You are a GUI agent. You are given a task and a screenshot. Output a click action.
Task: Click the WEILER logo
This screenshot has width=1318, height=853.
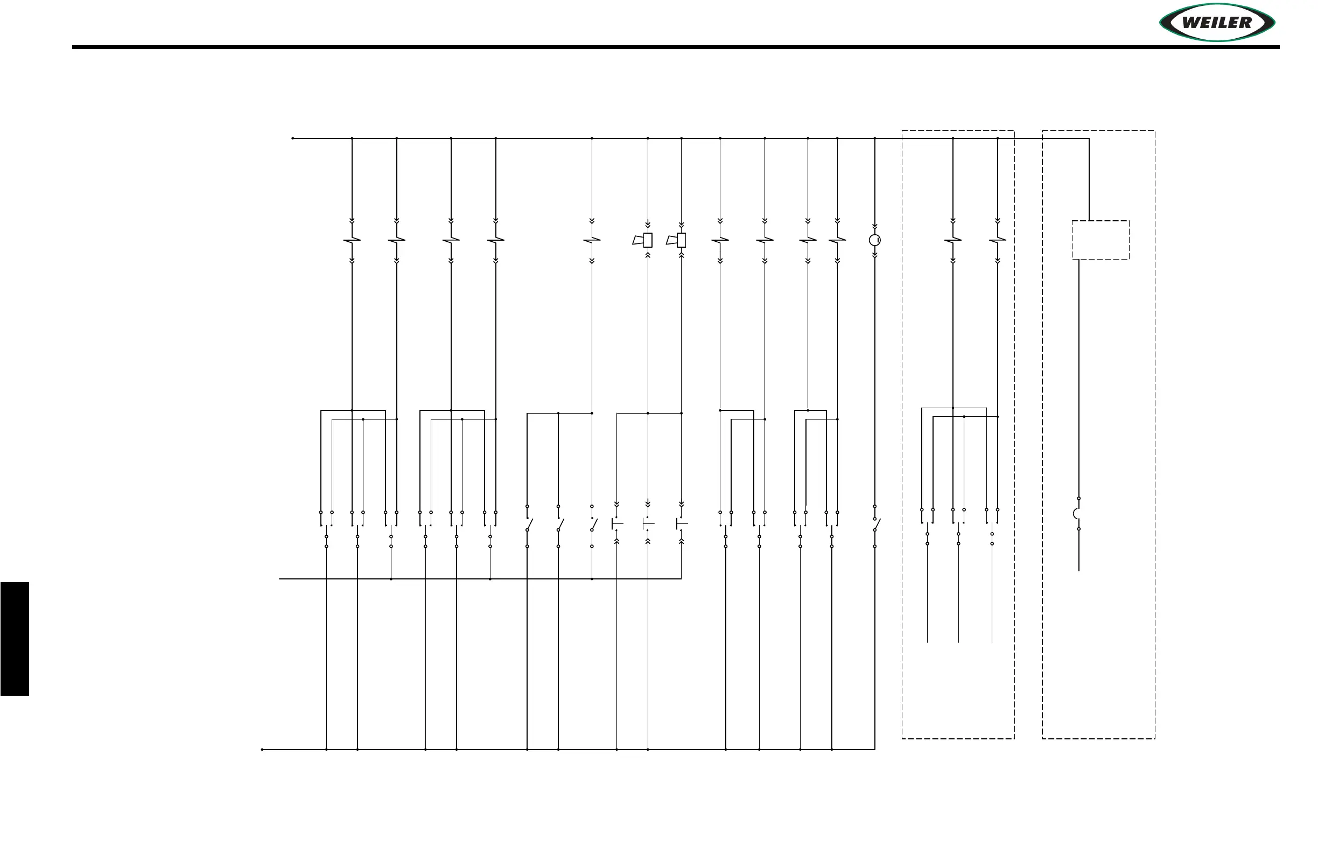pyautogui.click(x=1217, y=23)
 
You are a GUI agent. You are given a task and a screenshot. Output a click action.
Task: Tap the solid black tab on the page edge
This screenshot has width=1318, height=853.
pyautogui.click(x=15, y=639)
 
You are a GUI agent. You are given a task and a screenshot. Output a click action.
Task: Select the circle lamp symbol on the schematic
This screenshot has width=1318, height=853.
pyautogui.click(x=874, y=240)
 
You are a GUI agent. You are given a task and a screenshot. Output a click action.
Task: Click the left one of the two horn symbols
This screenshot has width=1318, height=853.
pyautogui.click(x=643, y=240)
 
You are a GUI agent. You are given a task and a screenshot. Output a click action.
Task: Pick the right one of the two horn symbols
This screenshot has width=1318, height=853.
pyautogui.click(x=677, y=240)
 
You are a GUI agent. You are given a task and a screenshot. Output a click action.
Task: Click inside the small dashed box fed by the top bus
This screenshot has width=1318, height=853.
pyautogui.click(x=1100, y=240)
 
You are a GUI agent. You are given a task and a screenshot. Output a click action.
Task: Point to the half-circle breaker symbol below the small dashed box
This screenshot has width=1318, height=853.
pyautogui.click(x=1077, y=513)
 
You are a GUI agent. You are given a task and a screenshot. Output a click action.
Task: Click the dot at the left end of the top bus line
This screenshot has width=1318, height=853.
pyautogui.click(x=292, y=138)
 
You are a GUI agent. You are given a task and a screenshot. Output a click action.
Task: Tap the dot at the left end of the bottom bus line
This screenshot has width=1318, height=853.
pyautogui.click(x=262, y=750)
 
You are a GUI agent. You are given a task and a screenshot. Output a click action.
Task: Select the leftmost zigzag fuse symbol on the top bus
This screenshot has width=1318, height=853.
pyautogui.click(x=352, y=240)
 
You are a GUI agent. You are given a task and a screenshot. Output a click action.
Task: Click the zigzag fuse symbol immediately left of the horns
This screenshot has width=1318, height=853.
pyautogui.click(x=592, y=240)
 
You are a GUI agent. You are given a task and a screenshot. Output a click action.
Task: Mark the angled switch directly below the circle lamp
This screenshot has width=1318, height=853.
pyautogui.click(x=876, y=525)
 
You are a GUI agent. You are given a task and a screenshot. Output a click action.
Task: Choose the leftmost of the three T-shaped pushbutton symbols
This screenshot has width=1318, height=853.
pyautogui.click(x=616, y=523)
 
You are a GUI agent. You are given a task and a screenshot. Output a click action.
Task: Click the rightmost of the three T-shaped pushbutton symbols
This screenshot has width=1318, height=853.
pyautogui.click(x=681, y=523)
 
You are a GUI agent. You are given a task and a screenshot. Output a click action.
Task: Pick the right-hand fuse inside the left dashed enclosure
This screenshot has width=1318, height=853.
pyautogui.click(x=997, y=240)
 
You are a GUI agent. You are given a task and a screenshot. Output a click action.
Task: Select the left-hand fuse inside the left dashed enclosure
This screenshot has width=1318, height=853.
pyautogui.click(x=952, y=240)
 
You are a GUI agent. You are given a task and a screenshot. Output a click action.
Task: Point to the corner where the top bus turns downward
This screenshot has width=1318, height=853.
pyautogui.click(x=1089, y=138)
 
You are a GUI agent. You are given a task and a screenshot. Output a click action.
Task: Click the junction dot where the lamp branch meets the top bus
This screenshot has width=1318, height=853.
pyautogui.click(x=874, y=138)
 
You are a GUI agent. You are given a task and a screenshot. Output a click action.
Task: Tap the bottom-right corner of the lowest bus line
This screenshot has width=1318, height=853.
pyautogui.click(x=874, y=750)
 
